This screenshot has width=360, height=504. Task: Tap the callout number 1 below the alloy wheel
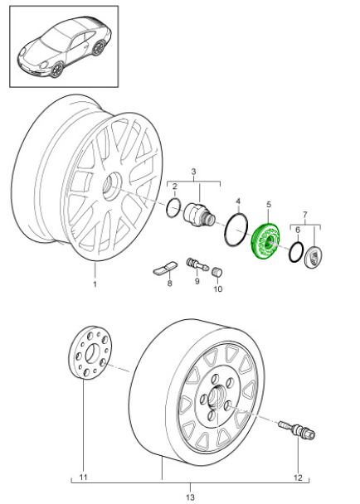[95, 284]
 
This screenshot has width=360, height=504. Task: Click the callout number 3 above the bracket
[193, 172]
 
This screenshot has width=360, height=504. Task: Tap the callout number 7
[305, 215]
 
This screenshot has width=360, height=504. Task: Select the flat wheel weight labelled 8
[165, 269]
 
